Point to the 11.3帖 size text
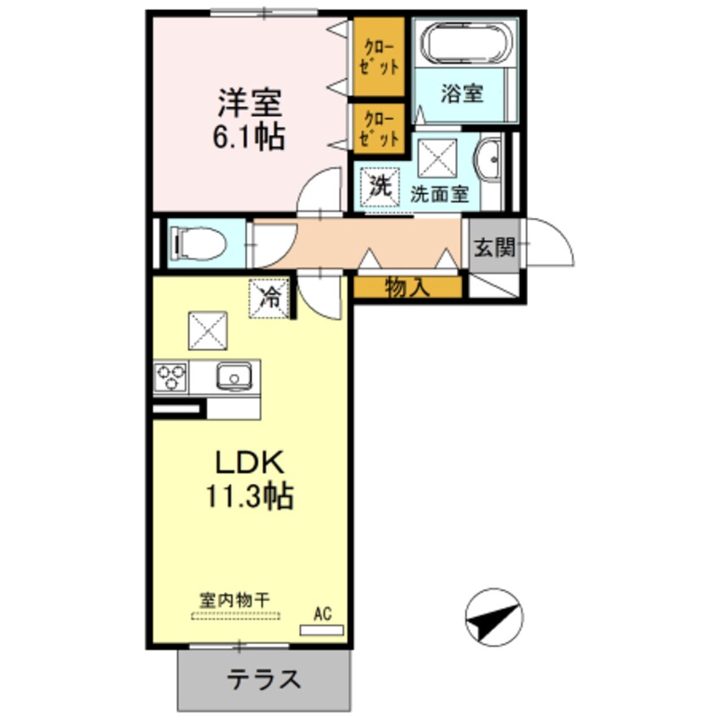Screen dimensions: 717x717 point(247,496)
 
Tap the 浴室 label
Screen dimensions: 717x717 point(461,92)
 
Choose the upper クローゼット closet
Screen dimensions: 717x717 point(378,57)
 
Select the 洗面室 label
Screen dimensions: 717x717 point(439,193)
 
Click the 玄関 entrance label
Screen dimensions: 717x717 point(494,247)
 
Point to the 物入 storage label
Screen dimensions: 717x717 point(408,287)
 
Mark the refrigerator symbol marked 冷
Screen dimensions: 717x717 point(270,297)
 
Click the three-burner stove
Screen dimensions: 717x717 point(170,375)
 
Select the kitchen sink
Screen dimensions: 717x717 point(231,375)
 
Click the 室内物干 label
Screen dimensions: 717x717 point(234,599)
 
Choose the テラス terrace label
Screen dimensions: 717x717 point(263,679)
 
